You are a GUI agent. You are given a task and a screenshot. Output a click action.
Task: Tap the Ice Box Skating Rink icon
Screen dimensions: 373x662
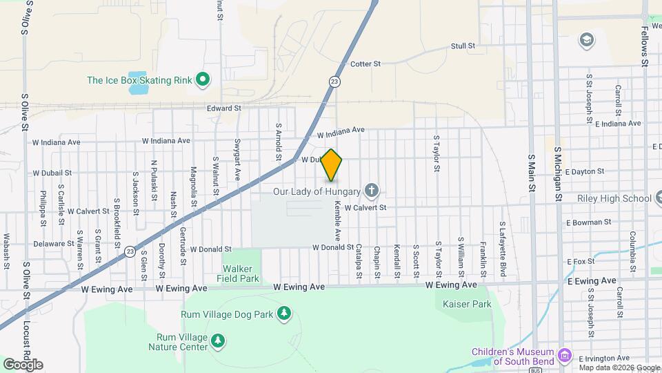pyautogui.click(x=203, y=80)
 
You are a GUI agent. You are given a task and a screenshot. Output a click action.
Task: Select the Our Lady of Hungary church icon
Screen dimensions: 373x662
pyautogui.click(x=372, y=191)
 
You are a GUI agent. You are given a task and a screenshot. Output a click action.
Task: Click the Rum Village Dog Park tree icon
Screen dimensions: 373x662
pyautogui.click(x=283, y=315)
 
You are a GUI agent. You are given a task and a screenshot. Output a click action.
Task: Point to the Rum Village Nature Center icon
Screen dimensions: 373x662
pyautogui.click(x=218, y=341)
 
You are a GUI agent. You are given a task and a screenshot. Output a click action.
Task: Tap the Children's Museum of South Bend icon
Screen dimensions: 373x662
pyautogui.click(x=565, y=355)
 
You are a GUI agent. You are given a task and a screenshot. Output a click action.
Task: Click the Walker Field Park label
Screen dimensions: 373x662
pyautogui.click(x=241, y=274)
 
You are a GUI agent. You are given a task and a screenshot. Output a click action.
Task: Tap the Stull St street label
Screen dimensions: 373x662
pyautogui.click(x=463, y=46)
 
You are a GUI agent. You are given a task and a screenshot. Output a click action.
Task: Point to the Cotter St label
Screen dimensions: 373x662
pyautogui.click(x=365, y=64)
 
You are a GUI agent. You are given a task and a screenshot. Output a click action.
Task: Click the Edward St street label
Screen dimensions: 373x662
pyautogui.click(x=224, y=108)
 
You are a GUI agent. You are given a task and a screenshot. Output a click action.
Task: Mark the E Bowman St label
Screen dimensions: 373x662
pyautogui.click(x=588, y=222)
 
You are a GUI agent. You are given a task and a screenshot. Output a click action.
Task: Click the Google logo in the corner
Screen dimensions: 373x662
pyautogui.click(x=22, y=364)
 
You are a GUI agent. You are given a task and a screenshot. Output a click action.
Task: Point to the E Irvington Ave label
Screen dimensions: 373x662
pyautogui.click(x=604, y=358)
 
